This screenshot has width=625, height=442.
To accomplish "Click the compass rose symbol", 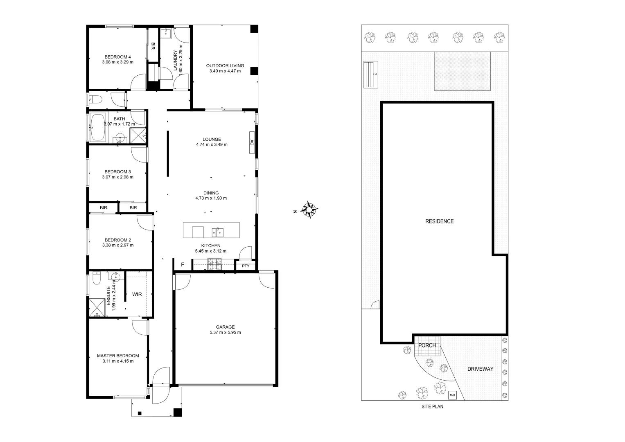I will [310, 210].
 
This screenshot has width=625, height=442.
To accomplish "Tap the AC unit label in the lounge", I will [252, 143].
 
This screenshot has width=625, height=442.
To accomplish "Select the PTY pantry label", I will [246, 266].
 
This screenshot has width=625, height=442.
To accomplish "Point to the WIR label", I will [137, 294].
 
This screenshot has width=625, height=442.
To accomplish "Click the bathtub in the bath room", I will [97, 127].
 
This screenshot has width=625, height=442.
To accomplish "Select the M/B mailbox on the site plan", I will [452, 395].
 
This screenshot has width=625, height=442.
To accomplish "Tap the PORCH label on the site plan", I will [427, 345].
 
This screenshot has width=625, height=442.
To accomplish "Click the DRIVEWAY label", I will [480, 369].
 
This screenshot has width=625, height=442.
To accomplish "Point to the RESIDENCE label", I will [439, 221].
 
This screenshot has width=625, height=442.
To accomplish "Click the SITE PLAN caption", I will [432, 407].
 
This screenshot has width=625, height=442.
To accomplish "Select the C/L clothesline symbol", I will [371, 74].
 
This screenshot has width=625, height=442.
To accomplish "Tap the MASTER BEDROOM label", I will [118, 356].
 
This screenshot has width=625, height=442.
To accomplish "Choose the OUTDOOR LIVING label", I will [225, 65].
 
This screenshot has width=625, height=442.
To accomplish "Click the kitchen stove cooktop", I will [214, 265].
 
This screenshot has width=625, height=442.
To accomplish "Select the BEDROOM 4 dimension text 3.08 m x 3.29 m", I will [118, 62].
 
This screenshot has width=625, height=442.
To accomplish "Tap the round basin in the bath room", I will [120, 137].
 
